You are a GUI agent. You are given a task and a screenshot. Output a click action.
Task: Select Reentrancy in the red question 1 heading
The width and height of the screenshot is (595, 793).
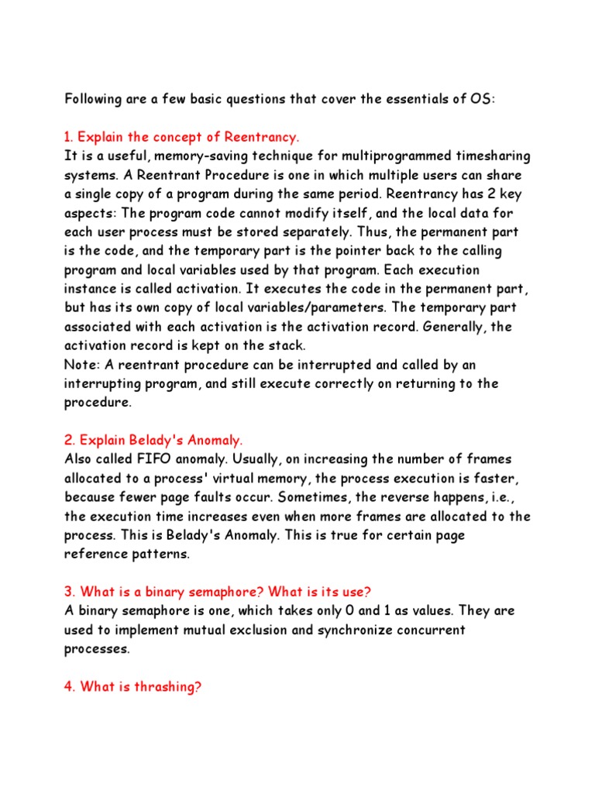pos(262,137)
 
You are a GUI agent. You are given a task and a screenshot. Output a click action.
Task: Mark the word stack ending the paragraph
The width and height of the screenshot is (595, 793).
pos(290,345)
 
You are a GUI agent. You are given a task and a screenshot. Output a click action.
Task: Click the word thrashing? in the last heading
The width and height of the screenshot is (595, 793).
pos(164,687)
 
